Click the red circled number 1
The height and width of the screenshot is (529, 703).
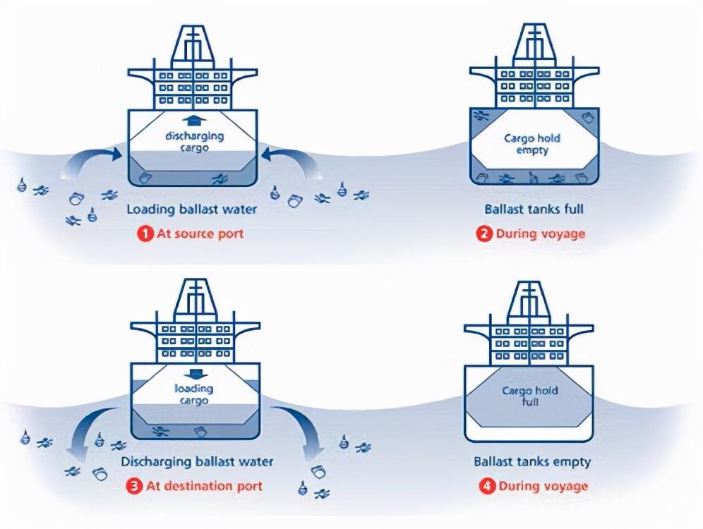(145, 233)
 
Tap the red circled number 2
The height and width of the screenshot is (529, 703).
(484, 233)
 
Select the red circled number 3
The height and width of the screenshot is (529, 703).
(134, 487)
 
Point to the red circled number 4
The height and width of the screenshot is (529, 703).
(487, 487)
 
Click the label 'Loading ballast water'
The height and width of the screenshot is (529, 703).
(192, 209)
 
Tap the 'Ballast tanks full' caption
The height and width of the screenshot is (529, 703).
(534, 209)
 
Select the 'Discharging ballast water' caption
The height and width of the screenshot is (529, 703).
(197, 462)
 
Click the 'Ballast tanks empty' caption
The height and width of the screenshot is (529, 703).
(532, 462)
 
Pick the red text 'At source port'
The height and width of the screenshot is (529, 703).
(200, 233)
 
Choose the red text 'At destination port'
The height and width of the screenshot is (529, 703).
(204, 487)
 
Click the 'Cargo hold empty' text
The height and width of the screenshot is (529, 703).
(532, 144)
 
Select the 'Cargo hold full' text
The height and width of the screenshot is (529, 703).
(530, 396)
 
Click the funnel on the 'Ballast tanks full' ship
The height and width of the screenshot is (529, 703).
(534, 42)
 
